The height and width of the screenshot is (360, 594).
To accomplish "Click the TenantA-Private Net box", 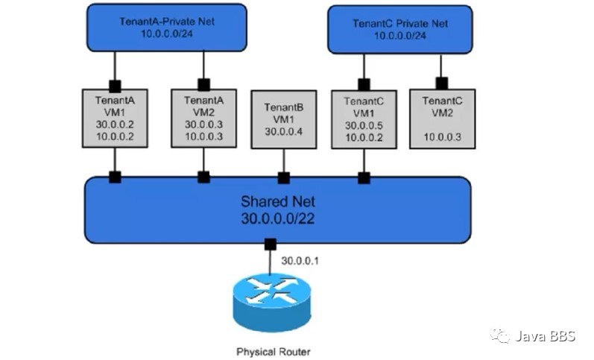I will coord(166,28).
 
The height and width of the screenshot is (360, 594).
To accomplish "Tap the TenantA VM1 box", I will coord(115,118).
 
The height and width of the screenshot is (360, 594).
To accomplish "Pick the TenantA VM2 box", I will coord(203,118).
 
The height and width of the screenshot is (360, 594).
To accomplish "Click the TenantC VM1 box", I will coord(364,119).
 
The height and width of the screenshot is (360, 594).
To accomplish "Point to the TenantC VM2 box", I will coord(442,118).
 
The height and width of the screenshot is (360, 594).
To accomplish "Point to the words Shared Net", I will coord(277,200).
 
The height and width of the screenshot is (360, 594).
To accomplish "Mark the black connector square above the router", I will coord(270,244).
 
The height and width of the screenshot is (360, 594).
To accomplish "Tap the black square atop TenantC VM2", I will coord(442,83).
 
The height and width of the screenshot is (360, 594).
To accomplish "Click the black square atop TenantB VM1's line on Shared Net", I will coord(283,177).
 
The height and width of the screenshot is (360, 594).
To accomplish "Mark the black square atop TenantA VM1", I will coord(115,84).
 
